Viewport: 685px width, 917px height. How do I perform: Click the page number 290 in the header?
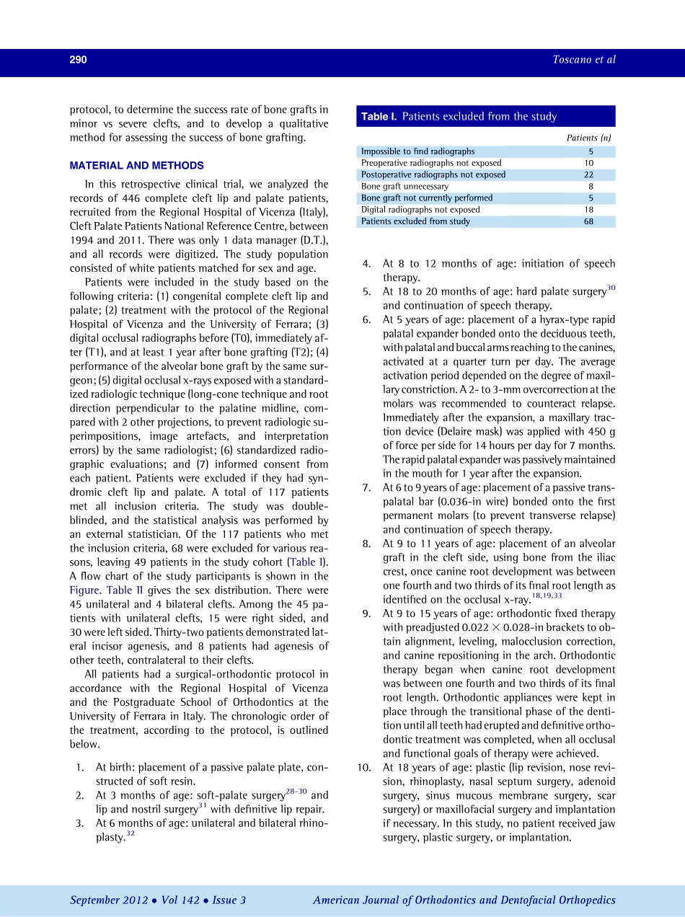(x=78, y=61)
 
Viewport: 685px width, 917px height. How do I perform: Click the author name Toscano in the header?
(x=566, y=61)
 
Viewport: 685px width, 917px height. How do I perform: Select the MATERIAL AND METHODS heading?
(x=136, y=166)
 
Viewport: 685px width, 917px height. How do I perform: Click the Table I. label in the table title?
(x=378, y=117)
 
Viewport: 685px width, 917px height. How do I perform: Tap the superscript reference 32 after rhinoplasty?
(x=131, y=833)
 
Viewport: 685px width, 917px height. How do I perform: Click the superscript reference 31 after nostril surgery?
(x=203, y=806)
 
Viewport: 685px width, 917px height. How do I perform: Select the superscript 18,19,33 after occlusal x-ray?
(x=546, y=596)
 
